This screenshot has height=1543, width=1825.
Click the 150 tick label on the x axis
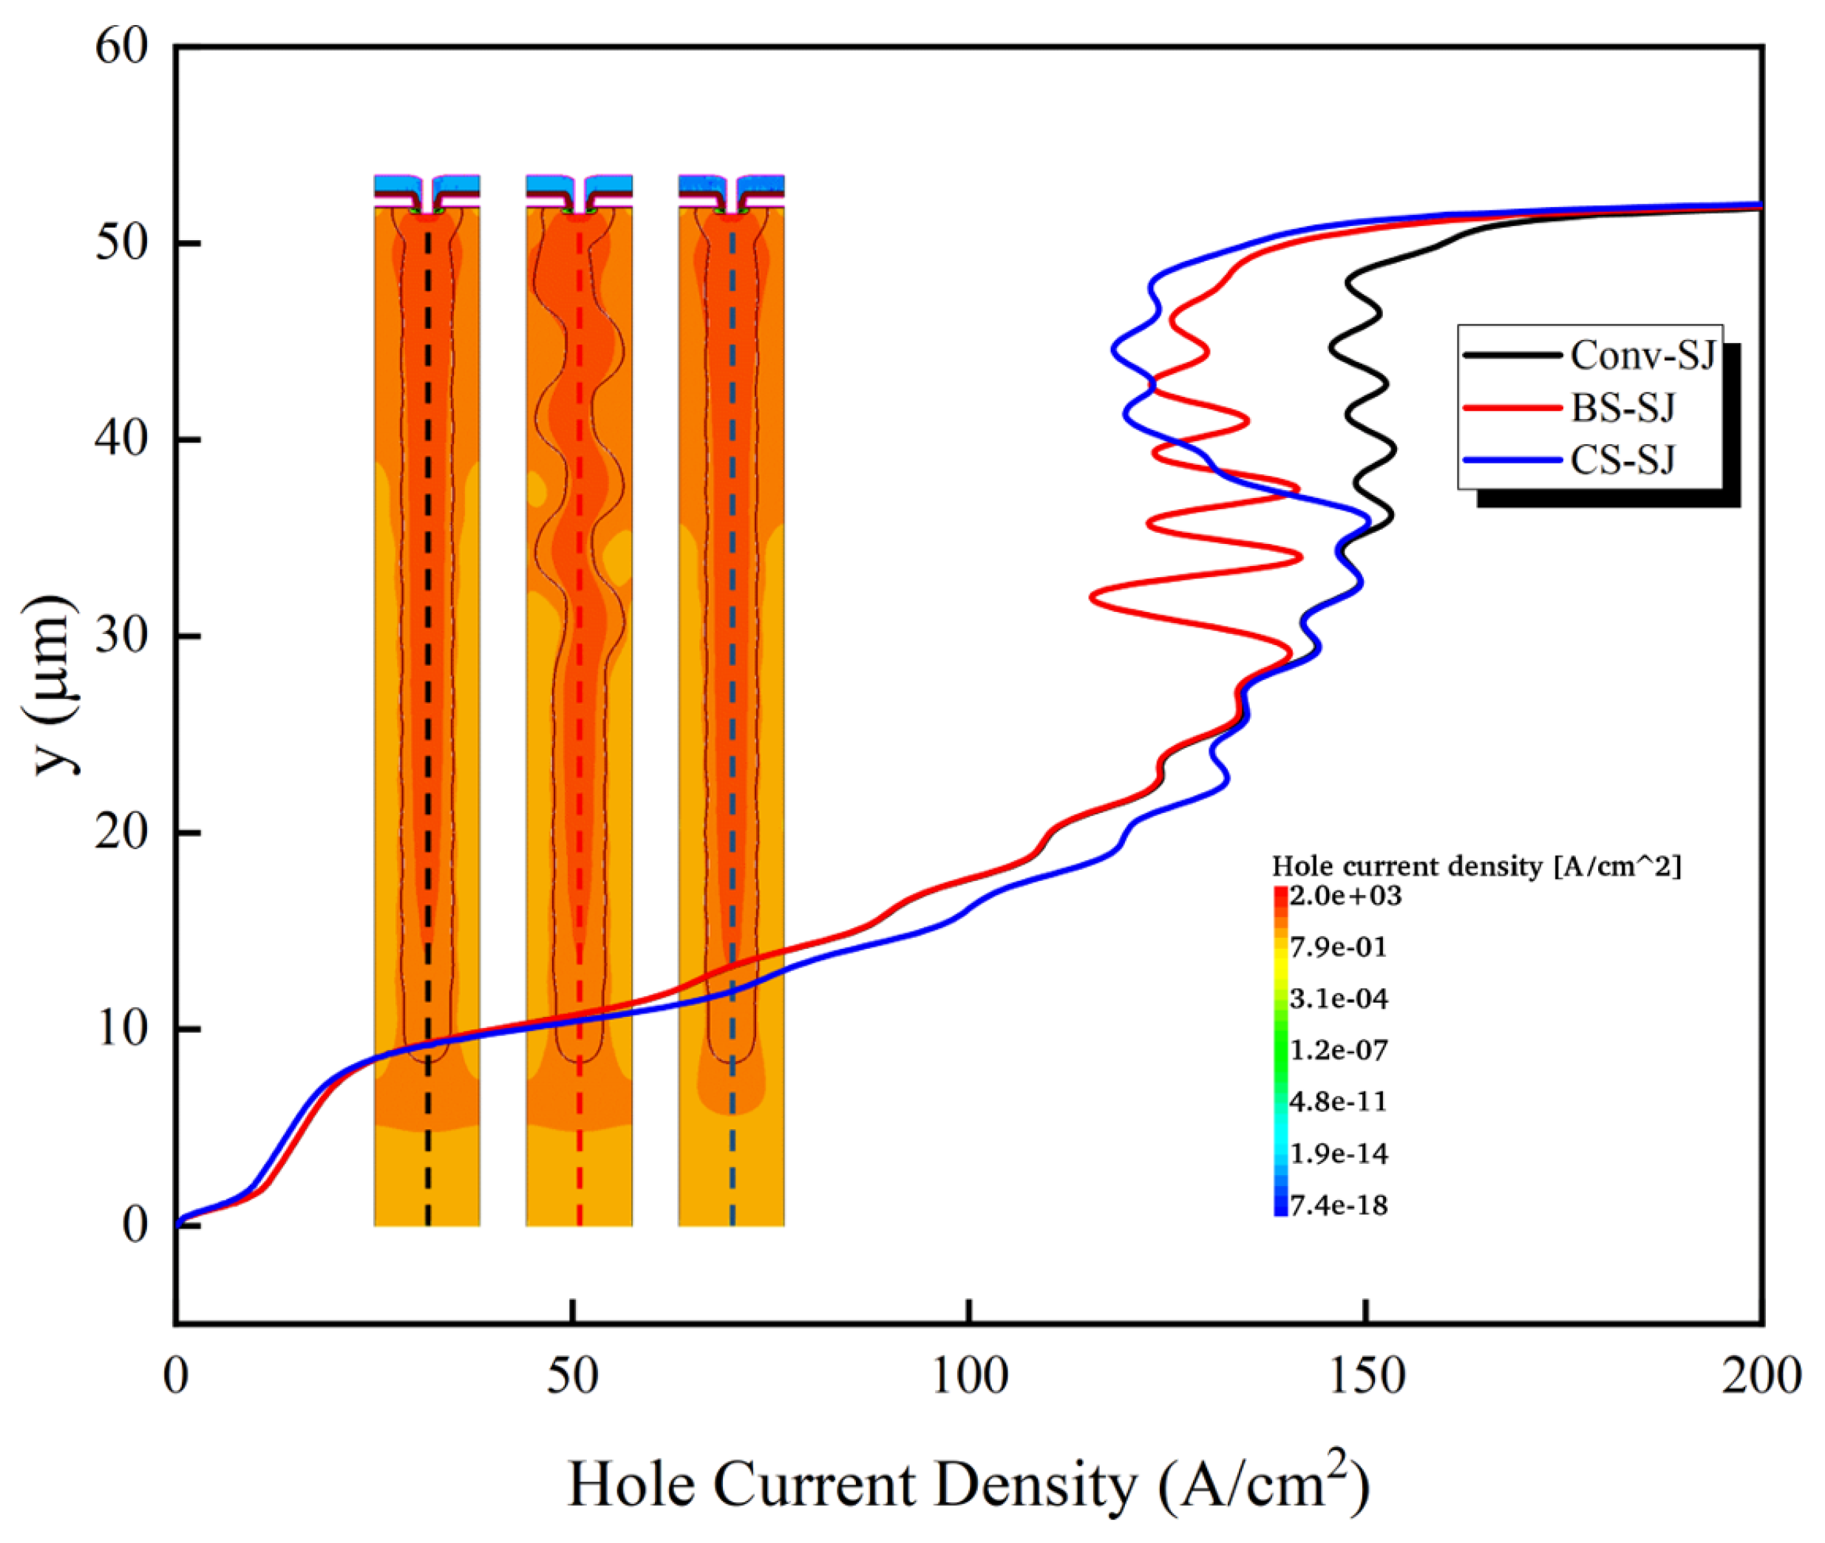pos(1366,1375)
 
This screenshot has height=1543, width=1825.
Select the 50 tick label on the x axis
pos(572,1375)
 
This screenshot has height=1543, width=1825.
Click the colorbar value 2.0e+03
pos(1345,896)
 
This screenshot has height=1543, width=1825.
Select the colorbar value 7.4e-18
pos(1338,1205)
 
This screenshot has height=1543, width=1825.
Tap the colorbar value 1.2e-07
pos(1338,1049)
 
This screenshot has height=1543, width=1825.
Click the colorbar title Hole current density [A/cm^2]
pos(1475,866)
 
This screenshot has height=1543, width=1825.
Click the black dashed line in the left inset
pos(427,700)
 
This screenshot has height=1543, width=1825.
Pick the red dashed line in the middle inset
pos(580,700)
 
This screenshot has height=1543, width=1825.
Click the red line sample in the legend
pos(1512,408)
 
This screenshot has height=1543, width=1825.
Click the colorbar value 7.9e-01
pos(1338,947)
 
